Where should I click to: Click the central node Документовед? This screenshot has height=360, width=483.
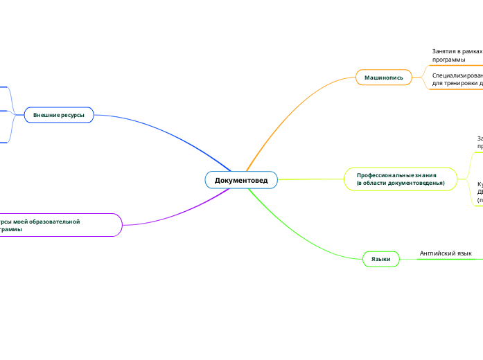coord(240,180)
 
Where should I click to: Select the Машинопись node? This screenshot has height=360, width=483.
coord(383,78)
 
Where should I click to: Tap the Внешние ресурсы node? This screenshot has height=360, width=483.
coord(59,114)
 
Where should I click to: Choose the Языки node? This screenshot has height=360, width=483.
coord(380,259)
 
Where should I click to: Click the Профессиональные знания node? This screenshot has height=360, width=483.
coord(401,179)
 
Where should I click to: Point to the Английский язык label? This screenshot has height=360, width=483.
coord(446,253)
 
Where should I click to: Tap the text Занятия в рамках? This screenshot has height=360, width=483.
coord(456,51)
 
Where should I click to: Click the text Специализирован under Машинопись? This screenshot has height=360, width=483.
coord(457,75)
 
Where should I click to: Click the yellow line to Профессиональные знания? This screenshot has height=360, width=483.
coord(312,179)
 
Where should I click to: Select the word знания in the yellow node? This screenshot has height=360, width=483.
coord(432,175)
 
